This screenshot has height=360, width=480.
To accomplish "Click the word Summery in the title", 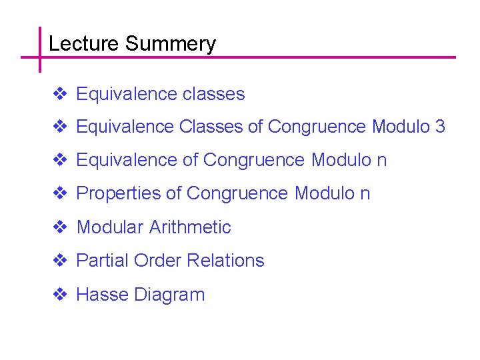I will click(x=170, y=44).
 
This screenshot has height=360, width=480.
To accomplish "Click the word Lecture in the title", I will click(x=84, y=44).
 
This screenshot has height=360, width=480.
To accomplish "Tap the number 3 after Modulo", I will click(x=439, y=127).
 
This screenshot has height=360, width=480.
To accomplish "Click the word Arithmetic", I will click(x=190, y=227).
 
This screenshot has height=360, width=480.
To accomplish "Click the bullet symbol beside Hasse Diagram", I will click(x=59, y=295).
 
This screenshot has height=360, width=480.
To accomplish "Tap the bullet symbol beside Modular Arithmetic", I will click(x=59, y=227).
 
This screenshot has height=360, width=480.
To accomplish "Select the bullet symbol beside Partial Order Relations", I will click(x=59, y=261).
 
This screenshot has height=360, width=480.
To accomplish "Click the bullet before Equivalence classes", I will click(x=59, y=94).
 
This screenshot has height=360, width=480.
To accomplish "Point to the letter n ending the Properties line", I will click(x=365, y=194).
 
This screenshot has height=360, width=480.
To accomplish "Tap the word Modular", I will click(x=110, y=227).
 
